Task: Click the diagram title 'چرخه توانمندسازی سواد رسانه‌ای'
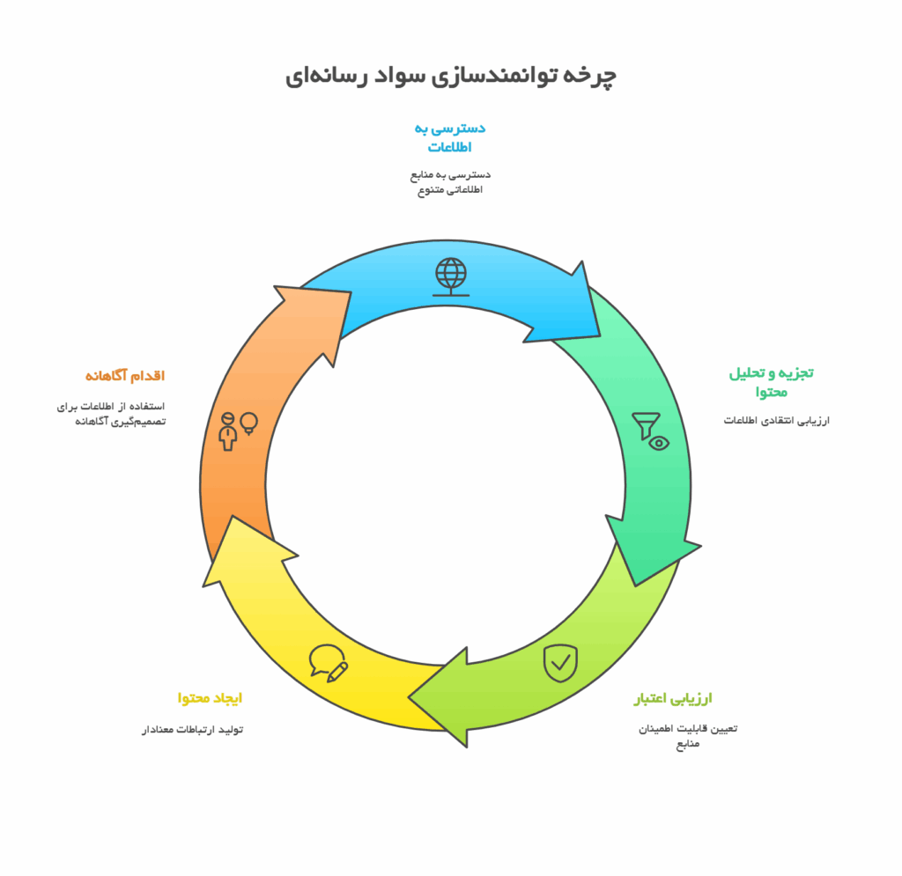(x=451, y=76)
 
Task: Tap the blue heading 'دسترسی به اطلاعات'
(x=450, y=137)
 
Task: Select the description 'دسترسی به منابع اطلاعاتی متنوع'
(x=450, y=181)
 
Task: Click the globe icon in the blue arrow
(x=451, y=277)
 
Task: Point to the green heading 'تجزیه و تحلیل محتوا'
(x=772, y=382)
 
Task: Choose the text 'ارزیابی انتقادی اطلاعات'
(x=777, y=420)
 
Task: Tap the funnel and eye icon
(x=651, y=431)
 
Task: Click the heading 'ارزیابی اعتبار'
(x=673, y=698)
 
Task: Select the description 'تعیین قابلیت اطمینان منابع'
(x=688, y=736)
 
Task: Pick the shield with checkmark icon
(x=561, y=663)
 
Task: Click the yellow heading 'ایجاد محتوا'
(x=210, y=698)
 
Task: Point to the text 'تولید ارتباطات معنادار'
(x=193, y=730)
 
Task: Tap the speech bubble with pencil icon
(x=329, y=663)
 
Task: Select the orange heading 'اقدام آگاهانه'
(x=125, y=375)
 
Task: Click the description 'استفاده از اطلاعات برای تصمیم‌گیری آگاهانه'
(x=111, y=413)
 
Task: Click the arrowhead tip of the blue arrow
(x=600, y=335)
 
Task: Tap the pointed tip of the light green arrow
(x=409, y=697)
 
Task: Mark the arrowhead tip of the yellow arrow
(x=233, y=516)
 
